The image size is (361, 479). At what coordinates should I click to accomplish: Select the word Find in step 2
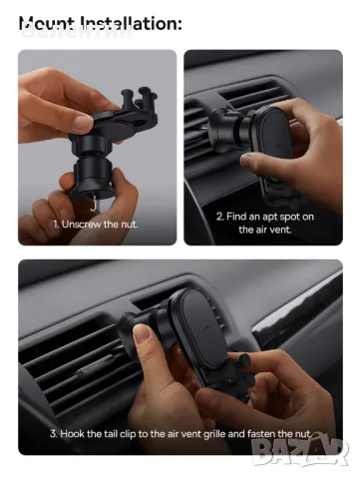(244, 215)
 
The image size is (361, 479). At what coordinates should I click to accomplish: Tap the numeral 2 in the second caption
(221, 215)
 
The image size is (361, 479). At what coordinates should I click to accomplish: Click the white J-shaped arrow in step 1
(93, 204)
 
